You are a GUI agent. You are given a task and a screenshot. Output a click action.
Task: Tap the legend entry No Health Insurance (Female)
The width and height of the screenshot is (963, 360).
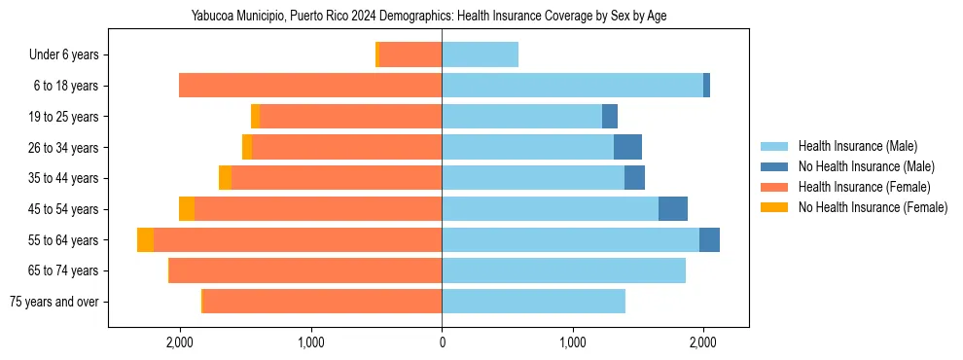coord(873,207)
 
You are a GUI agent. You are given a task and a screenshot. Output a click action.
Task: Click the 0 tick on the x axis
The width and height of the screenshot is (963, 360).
coord(442,342)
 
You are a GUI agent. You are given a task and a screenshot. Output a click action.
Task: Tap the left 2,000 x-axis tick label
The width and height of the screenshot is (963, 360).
coord(180,342)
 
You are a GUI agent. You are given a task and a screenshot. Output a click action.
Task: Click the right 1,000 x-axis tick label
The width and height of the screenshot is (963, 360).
coord(573,342)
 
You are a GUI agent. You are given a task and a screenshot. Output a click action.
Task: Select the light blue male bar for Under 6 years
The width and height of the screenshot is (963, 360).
coord(480,54)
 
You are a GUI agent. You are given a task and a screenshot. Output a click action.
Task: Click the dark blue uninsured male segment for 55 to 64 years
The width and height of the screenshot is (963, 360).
coord(709,239)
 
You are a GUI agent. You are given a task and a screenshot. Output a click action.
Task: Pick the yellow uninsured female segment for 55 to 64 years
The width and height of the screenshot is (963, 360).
coord(145,239)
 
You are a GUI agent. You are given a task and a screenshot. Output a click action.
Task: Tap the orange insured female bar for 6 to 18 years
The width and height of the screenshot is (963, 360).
coord(310,86)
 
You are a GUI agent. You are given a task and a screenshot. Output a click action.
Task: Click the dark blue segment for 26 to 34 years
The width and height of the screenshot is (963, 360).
coord(627,147)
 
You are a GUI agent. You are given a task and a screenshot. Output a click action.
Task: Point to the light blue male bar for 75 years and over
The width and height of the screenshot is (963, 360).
coord(533,301)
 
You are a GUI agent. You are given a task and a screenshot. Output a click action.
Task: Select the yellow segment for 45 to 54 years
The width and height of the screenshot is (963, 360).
coord(187,208)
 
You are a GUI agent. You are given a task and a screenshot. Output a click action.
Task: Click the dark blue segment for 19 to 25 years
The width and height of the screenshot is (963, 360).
coord(610,117)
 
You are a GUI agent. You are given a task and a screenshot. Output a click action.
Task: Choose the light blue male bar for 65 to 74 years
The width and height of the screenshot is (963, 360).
coord(563,270)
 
